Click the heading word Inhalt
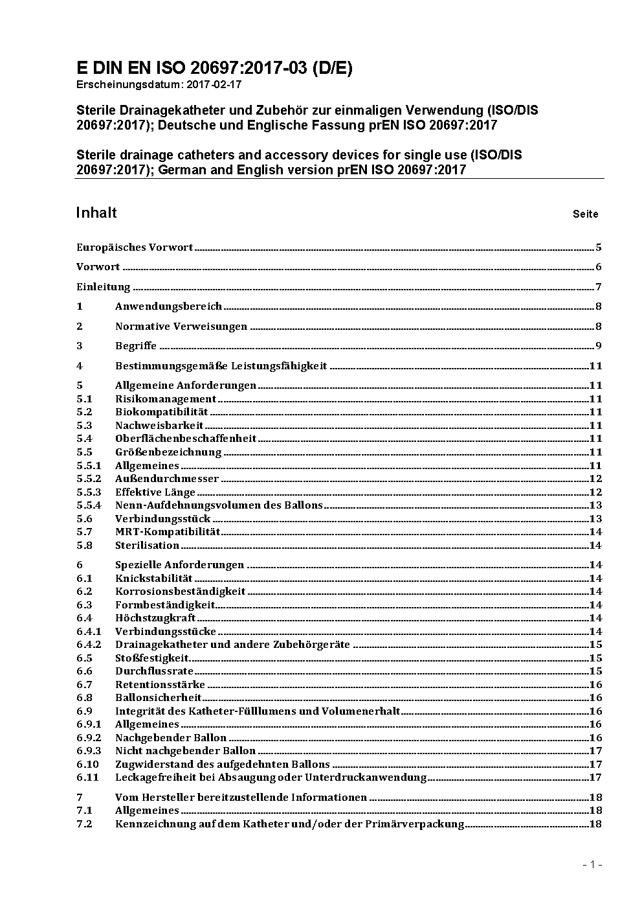click(x=96, y=213)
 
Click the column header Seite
click(x=585, y=214)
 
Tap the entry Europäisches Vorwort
click(x=135, y=247)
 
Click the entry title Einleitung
click(x=104, y=286)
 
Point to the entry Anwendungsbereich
click(x=168, y=306)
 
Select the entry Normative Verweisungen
click(x=181, y=326)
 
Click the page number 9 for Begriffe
click(x=599, y=345)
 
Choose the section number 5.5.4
click(x=89, y=505)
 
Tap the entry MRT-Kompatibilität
click(x=168, y=531)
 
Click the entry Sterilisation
click(x=147, y=545)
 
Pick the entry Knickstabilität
click(x=154, y=578)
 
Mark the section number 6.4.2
click(x=89, y=644)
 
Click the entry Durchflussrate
click(x=154, y=671)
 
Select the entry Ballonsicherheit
click(x=159, y=697)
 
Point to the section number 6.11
click(x=87, y=777)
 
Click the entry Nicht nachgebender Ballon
click(x=185, y=750)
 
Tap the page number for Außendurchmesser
click(x=595, y=478)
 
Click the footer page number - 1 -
click(x=592, y=864)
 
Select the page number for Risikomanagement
click(x=595, y=398)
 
